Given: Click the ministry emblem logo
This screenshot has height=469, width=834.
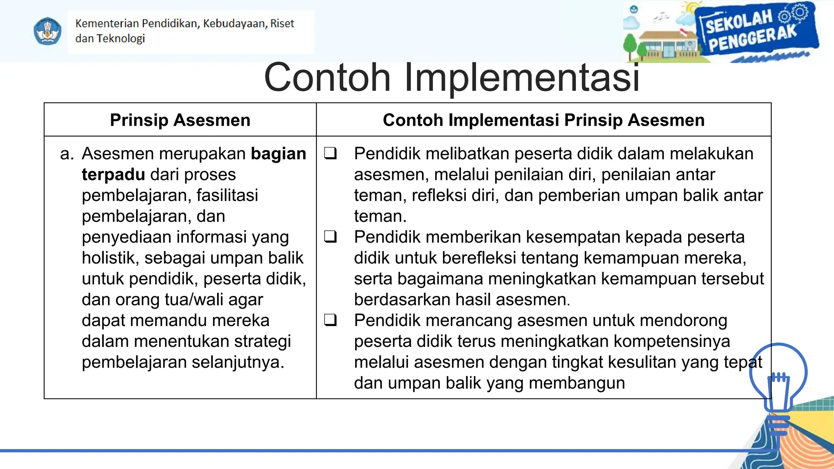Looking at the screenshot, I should point(48,31).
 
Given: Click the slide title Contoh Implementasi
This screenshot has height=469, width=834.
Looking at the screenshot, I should point(452,77).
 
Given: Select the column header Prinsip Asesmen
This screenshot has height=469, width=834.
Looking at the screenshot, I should point(180,120).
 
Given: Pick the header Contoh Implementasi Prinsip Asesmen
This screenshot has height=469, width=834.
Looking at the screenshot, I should point(544,120).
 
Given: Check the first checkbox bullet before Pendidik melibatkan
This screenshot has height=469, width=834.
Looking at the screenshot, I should point(330,154).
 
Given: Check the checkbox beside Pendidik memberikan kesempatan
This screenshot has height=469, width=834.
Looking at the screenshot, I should point(330,237).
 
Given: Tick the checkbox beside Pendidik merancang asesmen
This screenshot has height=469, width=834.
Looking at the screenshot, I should point(330,320).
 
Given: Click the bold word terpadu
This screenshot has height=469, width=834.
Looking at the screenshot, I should point(113,175).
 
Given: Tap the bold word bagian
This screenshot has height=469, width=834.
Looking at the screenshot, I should point(278,154).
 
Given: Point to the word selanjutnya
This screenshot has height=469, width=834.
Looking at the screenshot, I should point(238,362).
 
